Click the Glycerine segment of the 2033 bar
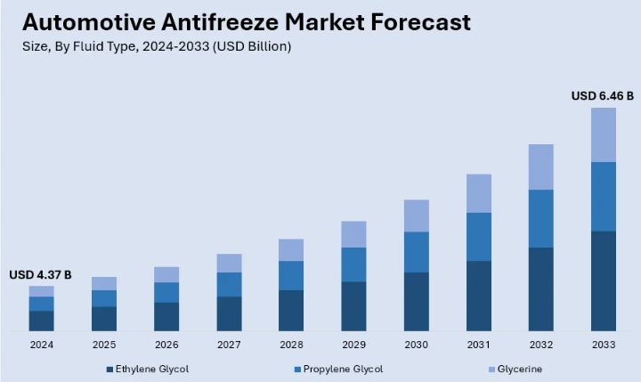[603, 134]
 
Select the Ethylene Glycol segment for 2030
[416, 301]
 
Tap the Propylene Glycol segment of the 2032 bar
[540, 218]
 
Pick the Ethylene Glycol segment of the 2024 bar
[41, 321]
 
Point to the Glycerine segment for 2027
[229, 263]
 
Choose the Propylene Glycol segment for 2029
[353, 264]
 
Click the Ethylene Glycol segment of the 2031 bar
[478, 296]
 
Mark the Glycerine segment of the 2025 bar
[103, 283]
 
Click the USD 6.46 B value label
[602, 95]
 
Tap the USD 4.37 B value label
[40, 274]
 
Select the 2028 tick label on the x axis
[291, 344]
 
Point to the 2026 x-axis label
[166, 344]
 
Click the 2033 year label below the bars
[603, 344]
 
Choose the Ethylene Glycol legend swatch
[110, 369]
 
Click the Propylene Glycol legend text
[343, 369]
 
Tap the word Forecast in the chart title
[418, 21]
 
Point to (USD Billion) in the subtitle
[254, 46]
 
